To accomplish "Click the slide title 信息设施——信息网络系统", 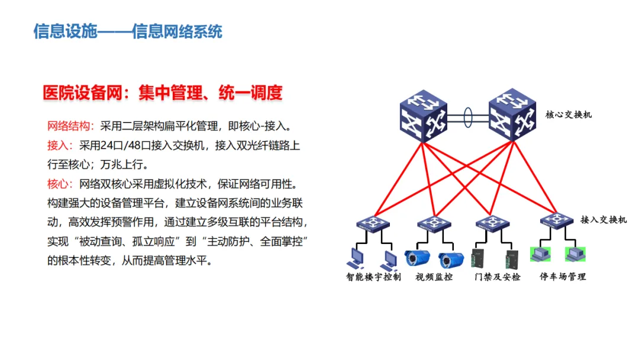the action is pyautogui.click(x=128, y=31).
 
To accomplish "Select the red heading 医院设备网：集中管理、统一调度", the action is pyautogui.click(x=163, y=92).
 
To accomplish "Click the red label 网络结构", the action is pyautogui.click(x=69, y=126).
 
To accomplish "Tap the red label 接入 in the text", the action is pyautogui.click(x=58, y=145).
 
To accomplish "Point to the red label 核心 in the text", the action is pyautogui.click(x=58, y=184).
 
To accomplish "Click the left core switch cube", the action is pyautogui.click(x=424, y=116).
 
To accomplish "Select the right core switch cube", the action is pyautogui.click(x=512, y=114).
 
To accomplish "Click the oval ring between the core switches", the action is pyautogui.click(x=468, y=117).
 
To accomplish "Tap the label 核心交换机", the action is pyautogui.click(x=569, y=114).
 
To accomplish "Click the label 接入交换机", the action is pyautogui.click(x=603, y=220).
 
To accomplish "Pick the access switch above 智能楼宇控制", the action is pyautogui.click(x=373, y=223).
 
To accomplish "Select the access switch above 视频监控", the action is pyautogui.click(x=434, y=223).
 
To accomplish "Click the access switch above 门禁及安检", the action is pyautogui.click(x=493, y=223).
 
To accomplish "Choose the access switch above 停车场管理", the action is pyautogui.click(x=557, y=221).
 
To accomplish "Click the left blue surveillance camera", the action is pyautogui.click(x=417, y=258).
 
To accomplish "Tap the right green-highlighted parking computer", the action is pyautogui.click(x=575, y=254).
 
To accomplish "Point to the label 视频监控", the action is pyautogui.click(x=434, y=277).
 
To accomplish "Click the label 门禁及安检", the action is pyautogui.click(x=498, y=277).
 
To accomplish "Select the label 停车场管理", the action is pyautogui.click(x=563, y=277).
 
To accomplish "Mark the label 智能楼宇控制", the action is pyautogui.click(x=374, y=277).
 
